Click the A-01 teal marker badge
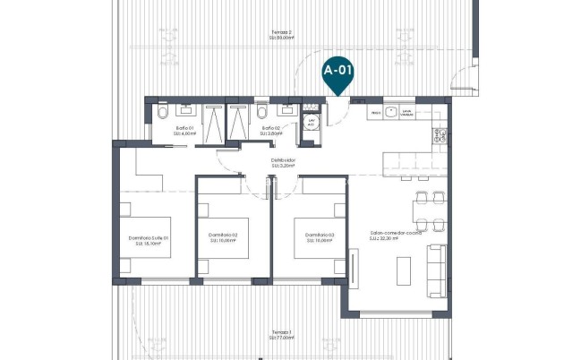[x=338, y=69]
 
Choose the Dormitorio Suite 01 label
[x=149, y=238]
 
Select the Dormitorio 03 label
[x=320, y=238]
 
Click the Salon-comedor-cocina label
[x=395, y=235]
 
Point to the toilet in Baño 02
[x=261, y=114]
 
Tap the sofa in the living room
[x=437, y=270]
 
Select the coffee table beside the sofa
[x=404, y=270]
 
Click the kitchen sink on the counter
[x=405, y=114]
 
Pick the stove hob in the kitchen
[x=440, y=136]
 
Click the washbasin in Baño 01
[x=187, y=109]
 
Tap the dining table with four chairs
[x=424, y=210]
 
